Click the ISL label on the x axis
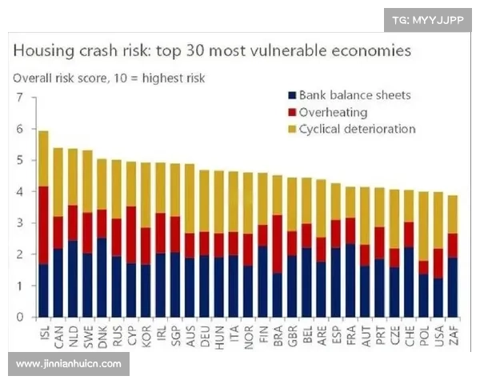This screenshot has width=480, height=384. [44, 332]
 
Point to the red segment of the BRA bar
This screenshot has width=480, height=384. [278, 243]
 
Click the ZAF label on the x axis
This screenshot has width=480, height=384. [454, 332]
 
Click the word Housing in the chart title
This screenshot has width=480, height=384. [42, 51]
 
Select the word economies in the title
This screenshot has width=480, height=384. [371, 51]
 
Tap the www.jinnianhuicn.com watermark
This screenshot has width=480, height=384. [69, 364]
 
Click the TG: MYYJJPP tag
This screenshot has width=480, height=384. [428, 19]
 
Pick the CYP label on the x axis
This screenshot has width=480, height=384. [130, 332]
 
